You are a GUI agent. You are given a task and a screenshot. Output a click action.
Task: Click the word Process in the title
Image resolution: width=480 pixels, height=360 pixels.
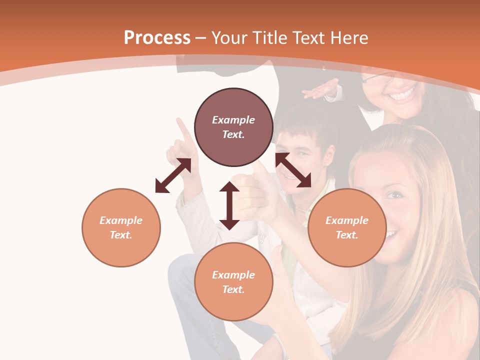coord(157,38)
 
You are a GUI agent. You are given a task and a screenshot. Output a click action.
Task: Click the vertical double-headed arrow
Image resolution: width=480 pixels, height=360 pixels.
coord(229,205)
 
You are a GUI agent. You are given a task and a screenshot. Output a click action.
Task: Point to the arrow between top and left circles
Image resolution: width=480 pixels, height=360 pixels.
coord(173,175)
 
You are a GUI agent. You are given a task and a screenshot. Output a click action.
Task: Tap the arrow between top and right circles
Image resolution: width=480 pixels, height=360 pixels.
coord(293,170)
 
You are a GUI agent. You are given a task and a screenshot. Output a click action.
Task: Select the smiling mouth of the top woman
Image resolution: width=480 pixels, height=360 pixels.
coord(403,94)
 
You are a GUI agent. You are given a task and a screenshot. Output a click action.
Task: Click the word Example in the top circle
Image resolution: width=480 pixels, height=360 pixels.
coord(233,120)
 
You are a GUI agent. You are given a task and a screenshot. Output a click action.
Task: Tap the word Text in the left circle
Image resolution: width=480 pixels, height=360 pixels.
coord(121,235)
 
